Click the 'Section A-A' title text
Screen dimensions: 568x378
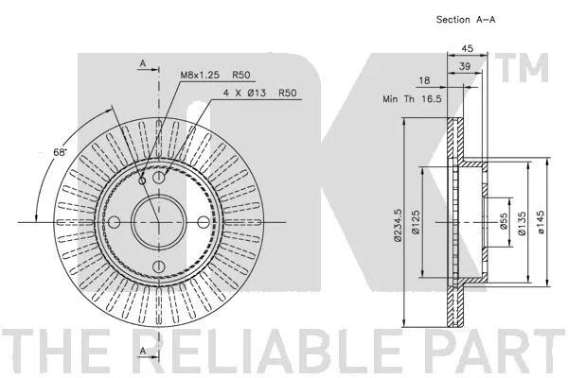click(x=466, y=20)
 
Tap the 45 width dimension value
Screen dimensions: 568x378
click(x=468, y=48)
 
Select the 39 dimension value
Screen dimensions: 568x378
click(x=465, y=66)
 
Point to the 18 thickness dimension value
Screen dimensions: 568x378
click(x=424, y=80)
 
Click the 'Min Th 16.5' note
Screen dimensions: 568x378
click(x=412, y=98)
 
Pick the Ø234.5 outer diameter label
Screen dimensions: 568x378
click(x=398, y=225)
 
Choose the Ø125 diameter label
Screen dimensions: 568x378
click(x=416, y=222)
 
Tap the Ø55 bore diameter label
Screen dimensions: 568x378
click(x=504, y=221)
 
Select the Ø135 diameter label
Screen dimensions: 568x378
click(x=522, y=224)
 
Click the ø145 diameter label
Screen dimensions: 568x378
click(x=541, y=222)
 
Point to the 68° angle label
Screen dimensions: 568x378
click(x=61, y=152)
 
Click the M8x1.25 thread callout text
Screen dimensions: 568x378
click(x=200, y=75)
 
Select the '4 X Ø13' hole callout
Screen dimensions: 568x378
click(x=244, y=93)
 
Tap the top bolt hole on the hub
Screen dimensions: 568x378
click(x=159, y=178)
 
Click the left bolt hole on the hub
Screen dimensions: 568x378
click(x=115, y=222)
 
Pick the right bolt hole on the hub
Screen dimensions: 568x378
click(x=204, y=222)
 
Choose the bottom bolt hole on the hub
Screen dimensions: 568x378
click(x=159, y=266)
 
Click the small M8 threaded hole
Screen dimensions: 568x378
click(x=142, y=180)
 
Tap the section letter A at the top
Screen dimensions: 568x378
click(x=143, y=63)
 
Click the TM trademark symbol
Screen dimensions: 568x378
click(x=522, y=68)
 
